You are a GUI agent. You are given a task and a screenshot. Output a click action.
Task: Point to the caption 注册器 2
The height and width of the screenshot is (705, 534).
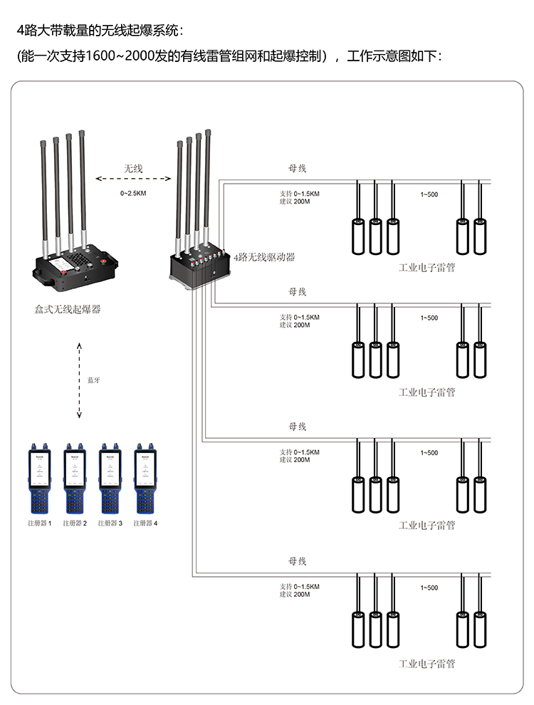[x=75, y=523]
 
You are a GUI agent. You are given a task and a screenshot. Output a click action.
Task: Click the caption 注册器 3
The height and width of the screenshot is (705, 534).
[x=110, y=523]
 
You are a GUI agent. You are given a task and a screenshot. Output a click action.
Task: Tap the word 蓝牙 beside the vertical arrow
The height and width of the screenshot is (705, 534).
[x=93, y=380]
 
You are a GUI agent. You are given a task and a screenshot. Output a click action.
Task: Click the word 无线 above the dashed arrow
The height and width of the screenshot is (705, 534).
[x=134, y=169]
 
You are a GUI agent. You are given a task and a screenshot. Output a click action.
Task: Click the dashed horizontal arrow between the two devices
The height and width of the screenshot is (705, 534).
[x=134, y=179]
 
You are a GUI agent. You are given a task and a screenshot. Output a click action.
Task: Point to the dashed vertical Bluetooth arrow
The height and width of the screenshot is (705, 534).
[x=79, y=380]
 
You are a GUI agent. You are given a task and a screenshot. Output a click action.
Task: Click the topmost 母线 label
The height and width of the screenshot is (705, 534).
[x=297, y=169]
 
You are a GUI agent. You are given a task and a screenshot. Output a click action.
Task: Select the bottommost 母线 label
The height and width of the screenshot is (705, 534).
[x=297, y=562]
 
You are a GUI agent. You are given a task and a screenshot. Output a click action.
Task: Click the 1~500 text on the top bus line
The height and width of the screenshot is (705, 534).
[x=429, y=194]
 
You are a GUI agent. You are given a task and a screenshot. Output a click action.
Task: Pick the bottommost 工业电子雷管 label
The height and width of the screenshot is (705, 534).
[x=426, y=664]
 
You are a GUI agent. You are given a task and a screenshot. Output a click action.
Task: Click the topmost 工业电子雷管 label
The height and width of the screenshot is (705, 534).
[x=426, y=268]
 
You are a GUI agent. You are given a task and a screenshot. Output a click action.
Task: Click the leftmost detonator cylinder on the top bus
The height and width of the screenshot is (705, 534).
[x=358, y=236]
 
